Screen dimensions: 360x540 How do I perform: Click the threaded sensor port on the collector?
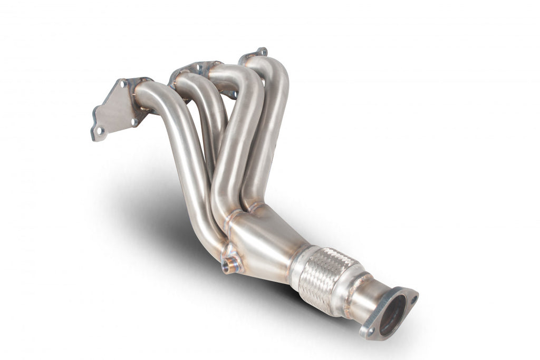click(229, 266)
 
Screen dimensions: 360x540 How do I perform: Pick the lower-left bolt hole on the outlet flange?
click(370, 330)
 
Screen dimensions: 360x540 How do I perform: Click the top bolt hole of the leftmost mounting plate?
click(122, 83)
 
